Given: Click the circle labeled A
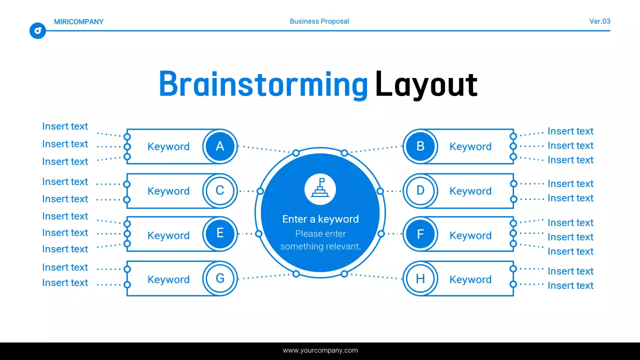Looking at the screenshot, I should tap(219, 146).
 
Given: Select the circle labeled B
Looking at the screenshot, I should tap(420, 146).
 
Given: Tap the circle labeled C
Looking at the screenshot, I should tap(219, 191).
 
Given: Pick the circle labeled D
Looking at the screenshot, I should tap(420, 191).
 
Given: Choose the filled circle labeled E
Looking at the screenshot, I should tap(219, 234).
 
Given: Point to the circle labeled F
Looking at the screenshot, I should tap(420, 234).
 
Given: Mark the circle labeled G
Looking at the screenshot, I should tap(219, 278).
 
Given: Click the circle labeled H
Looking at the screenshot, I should tap(420, 278).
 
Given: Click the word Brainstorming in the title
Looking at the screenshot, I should tap(263, 84).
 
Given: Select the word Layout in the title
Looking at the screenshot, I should tap(426, 84).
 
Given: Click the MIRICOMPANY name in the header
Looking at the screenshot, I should tap(78, 21).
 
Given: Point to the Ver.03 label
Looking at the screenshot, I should tap(599, 21).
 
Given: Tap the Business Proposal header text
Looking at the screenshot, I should tap(319, 21).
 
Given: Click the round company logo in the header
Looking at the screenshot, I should tap(37, 30).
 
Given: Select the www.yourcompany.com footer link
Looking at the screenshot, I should tap(320, 350).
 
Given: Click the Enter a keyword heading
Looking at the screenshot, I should tap(320, 219).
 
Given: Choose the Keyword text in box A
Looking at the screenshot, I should tap(168, 146).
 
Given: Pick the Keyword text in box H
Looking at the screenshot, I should tap(470, 279).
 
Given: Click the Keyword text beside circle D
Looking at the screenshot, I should tap(470, 191).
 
